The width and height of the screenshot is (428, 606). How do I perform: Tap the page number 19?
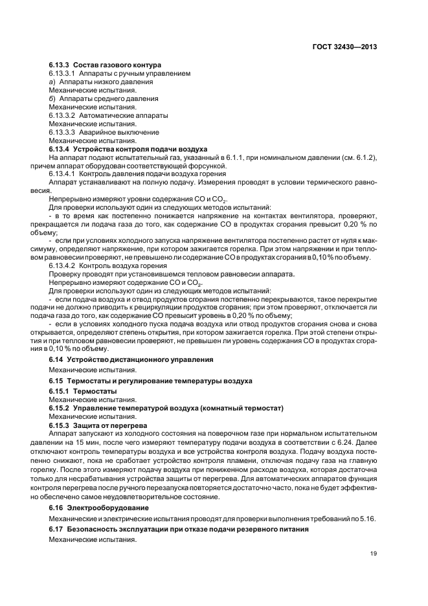pyautogui.click(x=374, y=553)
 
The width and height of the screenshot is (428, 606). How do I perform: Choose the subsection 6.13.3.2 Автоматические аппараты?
pyautogui.click(x=108, y=116)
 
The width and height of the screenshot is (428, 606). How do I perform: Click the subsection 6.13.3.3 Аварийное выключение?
pyautogui.click(x=104, y=132)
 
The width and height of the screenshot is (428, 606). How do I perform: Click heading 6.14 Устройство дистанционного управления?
pyautogui.click(x=131, y=359)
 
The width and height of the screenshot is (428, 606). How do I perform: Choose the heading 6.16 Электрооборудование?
pyautogui.click(x=99, y=508)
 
